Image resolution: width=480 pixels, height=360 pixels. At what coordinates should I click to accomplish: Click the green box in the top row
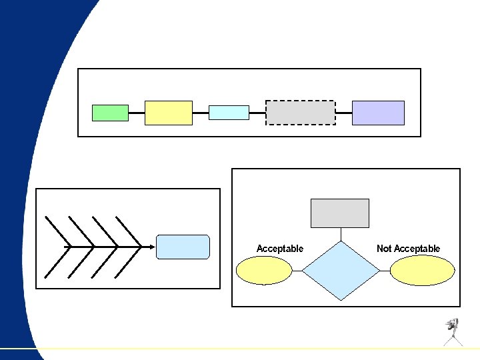click(x=110, y=113)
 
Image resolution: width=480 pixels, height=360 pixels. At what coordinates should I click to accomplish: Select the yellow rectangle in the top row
click(x=169, y=113)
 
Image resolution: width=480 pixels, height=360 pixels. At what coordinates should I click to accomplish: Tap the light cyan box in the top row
click(x=229, y=113)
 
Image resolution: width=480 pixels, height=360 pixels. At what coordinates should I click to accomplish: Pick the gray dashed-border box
click(x=301, y=113)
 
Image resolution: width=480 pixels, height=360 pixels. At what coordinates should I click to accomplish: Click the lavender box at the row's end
click(x=378, y=113)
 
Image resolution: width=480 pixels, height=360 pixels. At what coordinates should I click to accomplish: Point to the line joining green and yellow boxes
click(x=137, y=113)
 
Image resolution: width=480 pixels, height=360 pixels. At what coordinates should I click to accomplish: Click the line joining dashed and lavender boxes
click(x=343, y=113)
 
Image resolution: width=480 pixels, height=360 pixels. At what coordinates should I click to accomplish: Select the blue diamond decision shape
click(x=341, y=271)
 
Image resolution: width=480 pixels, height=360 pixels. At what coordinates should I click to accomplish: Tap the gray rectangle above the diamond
click(x=340, y=213)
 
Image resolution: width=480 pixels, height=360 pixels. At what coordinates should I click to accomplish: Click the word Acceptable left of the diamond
click(x=280, y=249)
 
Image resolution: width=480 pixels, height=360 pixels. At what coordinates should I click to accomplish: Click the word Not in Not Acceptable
click(x=384, y=249)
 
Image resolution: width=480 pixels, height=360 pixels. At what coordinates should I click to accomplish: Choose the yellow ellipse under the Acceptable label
click(x=265, y=271)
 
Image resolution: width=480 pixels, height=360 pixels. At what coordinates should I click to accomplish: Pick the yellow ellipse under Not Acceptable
click(x=422, y=271)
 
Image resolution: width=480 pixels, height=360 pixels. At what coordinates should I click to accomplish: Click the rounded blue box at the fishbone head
click(x=183, y=247)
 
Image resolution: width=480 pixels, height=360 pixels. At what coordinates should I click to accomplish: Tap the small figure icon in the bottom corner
click(x=453, y=331)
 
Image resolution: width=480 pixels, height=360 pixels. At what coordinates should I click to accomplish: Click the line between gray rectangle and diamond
click(x=341, y=234)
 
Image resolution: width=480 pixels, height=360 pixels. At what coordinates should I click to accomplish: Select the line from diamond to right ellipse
click(x=384, y=271)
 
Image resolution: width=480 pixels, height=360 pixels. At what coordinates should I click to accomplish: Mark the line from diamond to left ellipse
click(x=297, y=271)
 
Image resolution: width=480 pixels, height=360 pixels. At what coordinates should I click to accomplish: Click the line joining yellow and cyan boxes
click(x=201, y=113)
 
